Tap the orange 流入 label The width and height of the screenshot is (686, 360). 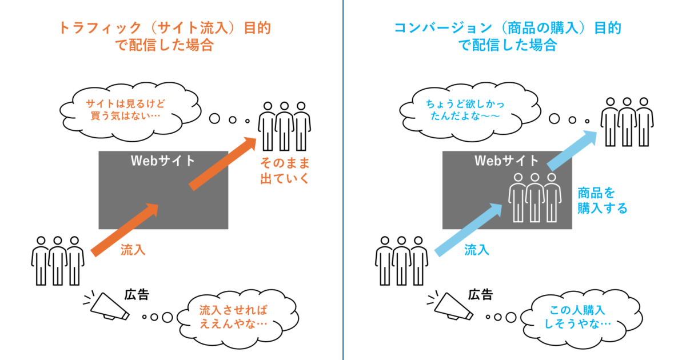point(133,250)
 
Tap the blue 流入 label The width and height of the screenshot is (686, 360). point(476,250)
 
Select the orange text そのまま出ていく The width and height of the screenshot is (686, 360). point(284,170)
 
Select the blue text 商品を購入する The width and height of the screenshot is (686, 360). point(602,200)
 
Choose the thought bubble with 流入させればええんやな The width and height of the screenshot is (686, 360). point(232,317)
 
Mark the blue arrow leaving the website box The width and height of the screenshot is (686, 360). point(572,149)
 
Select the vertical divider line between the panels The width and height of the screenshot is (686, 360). point(343,180)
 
